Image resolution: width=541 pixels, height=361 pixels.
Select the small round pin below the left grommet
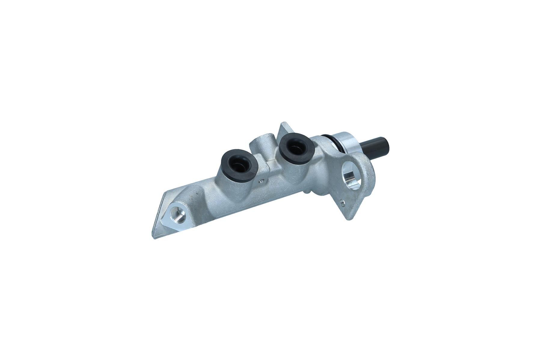coord(261,181)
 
